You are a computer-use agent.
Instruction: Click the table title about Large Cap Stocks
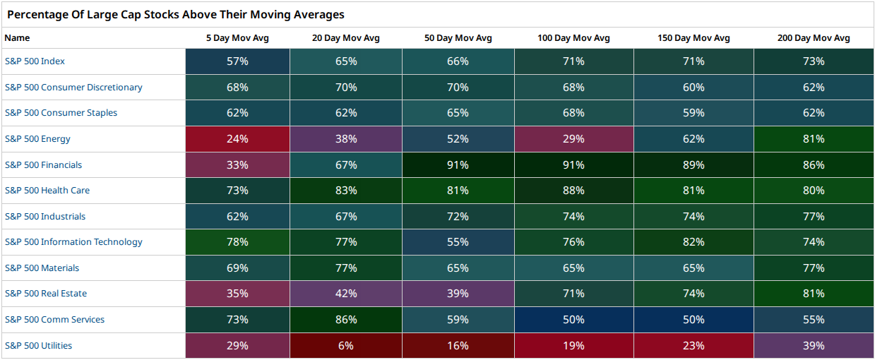176,14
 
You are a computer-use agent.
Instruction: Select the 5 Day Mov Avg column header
237,38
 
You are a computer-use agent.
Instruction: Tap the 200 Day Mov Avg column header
814,38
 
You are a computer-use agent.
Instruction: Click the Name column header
17,38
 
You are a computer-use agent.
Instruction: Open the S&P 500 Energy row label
37,139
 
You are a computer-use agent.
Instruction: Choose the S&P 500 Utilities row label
38,346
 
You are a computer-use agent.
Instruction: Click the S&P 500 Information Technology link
73,242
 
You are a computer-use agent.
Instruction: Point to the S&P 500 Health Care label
47,191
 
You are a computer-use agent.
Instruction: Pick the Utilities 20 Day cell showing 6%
346,346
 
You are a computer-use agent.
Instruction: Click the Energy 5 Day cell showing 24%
237,139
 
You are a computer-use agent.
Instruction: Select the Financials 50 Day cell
458,164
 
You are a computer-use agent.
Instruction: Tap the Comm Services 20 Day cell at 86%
346,319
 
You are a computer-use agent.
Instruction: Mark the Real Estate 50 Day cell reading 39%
458,293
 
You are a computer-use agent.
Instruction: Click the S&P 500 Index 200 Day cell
814,61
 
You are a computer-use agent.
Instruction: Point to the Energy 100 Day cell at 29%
574,139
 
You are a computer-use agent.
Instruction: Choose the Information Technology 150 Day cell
694,242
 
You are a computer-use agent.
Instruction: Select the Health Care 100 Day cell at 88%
574,191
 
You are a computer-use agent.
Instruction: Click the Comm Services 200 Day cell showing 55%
814,319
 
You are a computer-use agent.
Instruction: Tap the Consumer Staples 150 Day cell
694,113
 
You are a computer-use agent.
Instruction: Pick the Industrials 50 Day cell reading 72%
458,216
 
